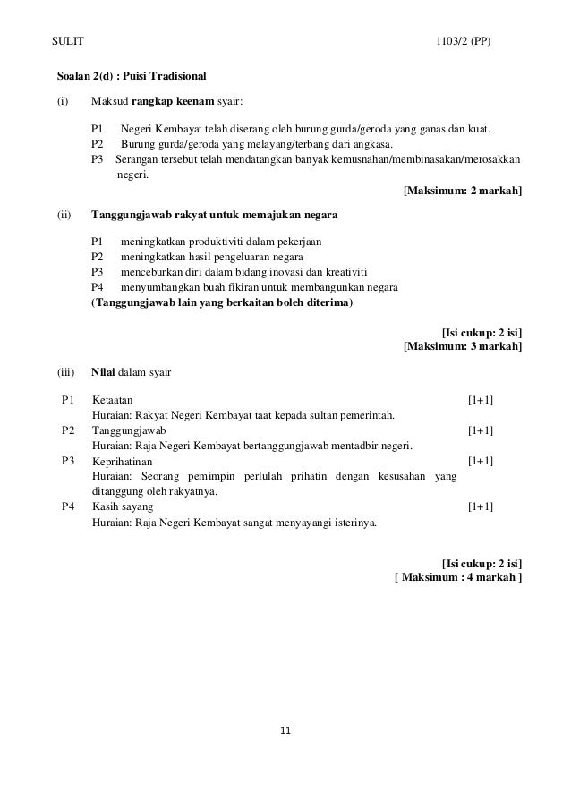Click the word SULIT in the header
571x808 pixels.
click(x=68, y=42)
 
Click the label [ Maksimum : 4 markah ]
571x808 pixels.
click(x=458, y=577)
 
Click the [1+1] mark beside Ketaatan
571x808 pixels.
click(x=481, y=399)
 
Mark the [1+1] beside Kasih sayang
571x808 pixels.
click(x=481, y=506)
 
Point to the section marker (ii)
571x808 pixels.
click(x=64, y=215)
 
